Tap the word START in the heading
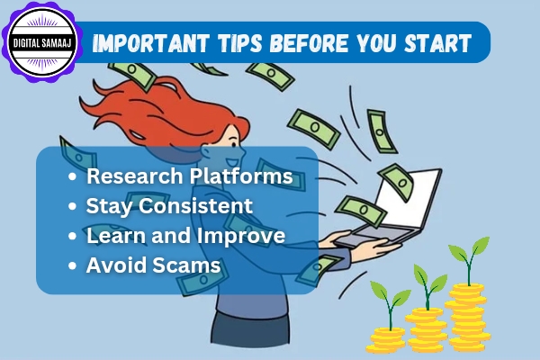[x=440, y=43]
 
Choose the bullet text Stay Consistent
[x=169, y=206]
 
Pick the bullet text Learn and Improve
[x=185, y=236]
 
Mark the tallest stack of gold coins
[x=467, y=314]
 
